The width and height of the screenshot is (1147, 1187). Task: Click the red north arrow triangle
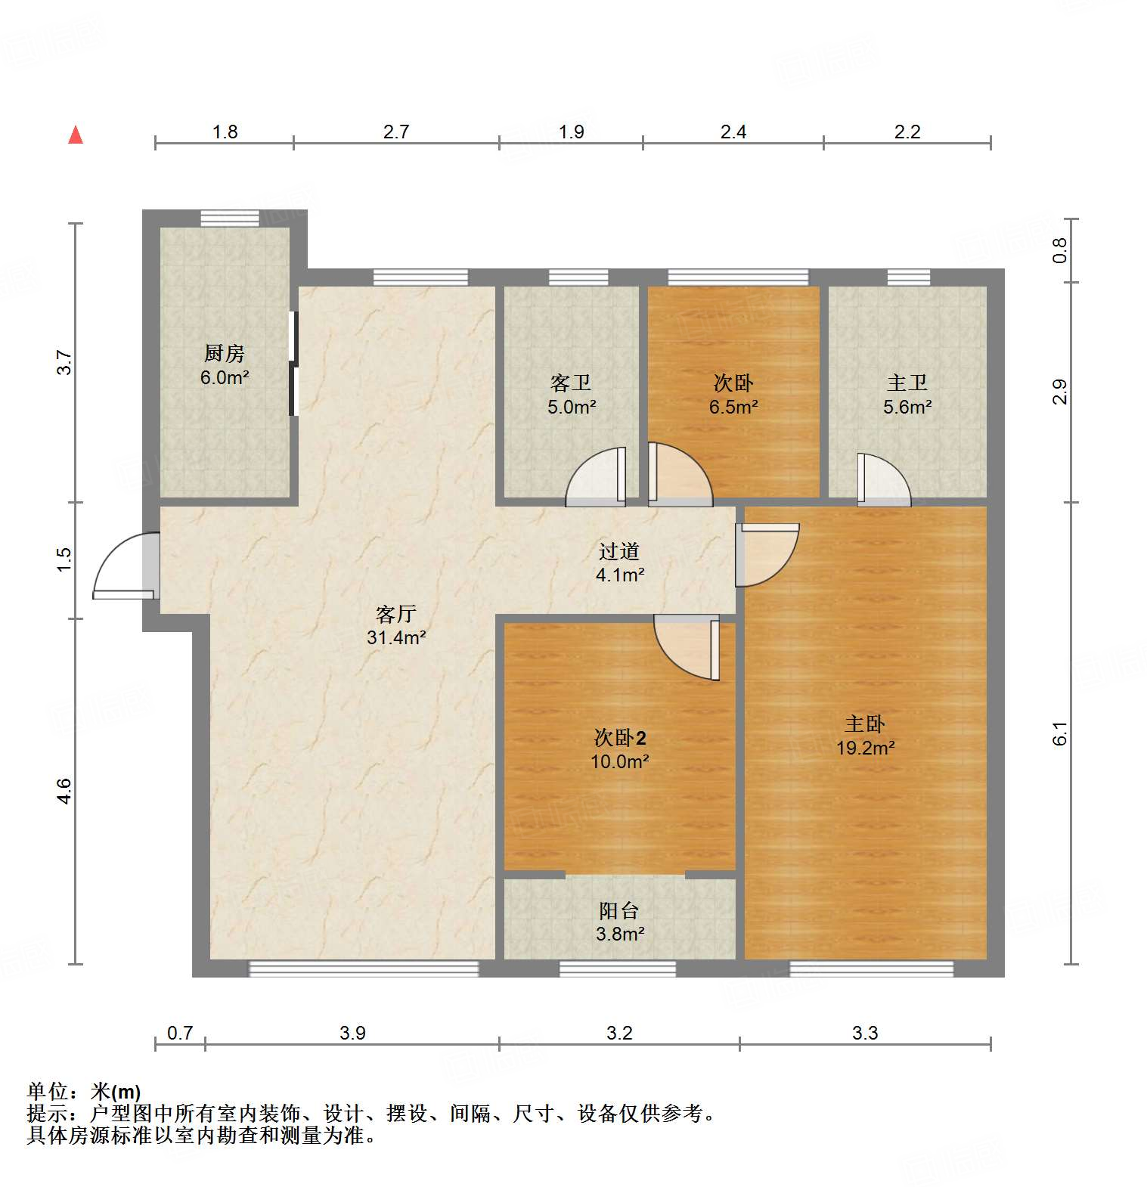pyautogui.click(x=76, y=135)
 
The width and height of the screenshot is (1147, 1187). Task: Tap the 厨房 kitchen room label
pyautogui.click(x=225, y=354)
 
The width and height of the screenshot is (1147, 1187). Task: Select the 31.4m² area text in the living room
pyautogui.click(x=396, y=637)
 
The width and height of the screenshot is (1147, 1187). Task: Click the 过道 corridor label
pyautogui.click(x=619, y=552)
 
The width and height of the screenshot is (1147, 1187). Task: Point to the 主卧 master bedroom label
pyautogui.click(x=865, y=724)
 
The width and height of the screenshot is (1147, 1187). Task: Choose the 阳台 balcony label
pyautogui.click(x=619, y=911)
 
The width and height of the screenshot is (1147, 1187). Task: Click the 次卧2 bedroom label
pyautogui.click(x=619, y=737)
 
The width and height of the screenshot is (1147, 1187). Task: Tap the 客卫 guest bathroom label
pyautogui.click(x=571, y=383)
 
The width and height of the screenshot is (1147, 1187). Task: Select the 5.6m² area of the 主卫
pyautogui.click(x=907, y=408)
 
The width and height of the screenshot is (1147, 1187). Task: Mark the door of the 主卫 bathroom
pyautogui.click(x=883, y=480)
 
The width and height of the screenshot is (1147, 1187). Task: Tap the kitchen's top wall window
pyautogui.click(x=229, y=218)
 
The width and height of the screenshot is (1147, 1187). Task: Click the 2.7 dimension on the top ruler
pyautogui.click(x=395, y=132)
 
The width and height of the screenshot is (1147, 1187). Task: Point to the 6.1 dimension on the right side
pyautogui.click(x=1060, y=733)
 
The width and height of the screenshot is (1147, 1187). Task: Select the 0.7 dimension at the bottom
pyautogui.click(x=180, y=1033)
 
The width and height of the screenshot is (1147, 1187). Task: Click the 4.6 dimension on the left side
pyautogui.click(x=64, y=791)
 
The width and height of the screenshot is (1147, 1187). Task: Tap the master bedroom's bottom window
pyautogui.click(x=871, y=968)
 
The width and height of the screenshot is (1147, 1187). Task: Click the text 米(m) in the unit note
pyautogui.click(x=115, y=1092)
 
